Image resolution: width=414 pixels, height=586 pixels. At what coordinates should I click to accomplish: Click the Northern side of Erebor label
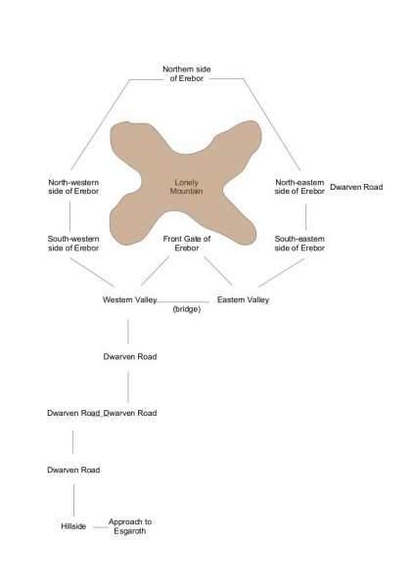point(186,73)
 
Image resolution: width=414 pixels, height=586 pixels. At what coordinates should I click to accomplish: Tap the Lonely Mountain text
point(186,187)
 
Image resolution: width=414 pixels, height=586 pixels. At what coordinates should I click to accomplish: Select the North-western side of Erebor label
point(73,187)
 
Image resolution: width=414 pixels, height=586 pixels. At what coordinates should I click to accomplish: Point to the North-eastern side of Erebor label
point(299,187)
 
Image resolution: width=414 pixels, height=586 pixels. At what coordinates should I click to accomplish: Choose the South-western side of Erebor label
point(73,244)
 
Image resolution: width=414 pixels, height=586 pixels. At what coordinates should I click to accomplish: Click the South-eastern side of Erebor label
point(299,244)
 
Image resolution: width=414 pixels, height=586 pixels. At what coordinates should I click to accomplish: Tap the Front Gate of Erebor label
point(187,244)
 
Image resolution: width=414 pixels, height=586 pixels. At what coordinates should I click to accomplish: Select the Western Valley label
point(130,299)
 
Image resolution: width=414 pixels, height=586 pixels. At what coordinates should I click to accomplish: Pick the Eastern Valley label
point(243,299)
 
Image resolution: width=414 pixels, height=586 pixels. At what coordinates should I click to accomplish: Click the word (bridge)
point(187,309)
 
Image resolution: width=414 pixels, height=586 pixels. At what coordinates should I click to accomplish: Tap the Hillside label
point(73,526)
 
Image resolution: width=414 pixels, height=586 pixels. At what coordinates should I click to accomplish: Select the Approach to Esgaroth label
point(130,526)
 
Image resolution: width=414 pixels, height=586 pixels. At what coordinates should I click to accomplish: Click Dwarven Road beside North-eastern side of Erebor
point(356,187)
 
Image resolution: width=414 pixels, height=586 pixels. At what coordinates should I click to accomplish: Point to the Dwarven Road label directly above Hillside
point(73,470)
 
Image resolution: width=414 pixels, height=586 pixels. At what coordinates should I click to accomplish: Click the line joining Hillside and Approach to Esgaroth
point(100,527)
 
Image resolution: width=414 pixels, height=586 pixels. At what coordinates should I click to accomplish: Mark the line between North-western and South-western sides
point(69,216)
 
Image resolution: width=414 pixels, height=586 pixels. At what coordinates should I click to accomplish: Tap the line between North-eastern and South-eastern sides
point(306,217)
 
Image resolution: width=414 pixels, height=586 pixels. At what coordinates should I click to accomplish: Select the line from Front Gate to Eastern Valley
point(218,271)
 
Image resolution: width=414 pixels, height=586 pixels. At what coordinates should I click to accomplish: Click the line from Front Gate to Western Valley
point(156,271)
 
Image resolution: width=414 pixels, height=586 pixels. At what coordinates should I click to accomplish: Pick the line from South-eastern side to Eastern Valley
point(282,272)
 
